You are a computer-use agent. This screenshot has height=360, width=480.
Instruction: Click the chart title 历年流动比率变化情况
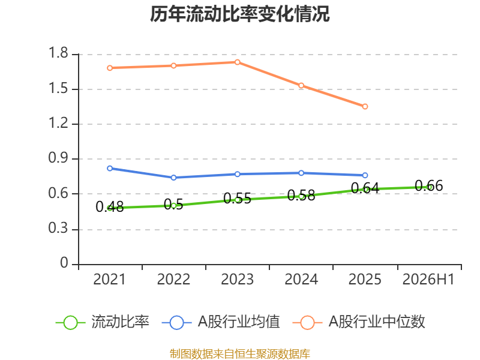[x=239, y=14]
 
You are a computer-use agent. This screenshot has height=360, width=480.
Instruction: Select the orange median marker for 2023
[x=237, y=62]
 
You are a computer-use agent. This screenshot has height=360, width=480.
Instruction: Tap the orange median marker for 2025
[x=365, y=107]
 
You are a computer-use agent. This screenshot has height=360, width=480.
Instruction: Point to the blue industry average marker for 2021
[x=110, y=169]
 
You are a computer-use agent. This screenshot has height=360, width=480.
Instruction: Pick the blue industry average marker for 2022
[x=173, y=178]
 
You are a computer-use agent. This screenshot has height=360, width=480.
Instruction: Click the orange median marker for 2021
[x=110, y=68]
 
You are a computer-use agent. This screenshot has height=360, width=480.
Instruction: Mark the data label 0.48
[x=110, y=206]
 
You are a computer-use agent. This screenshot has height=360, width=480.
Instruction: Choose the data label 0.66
[x=429, y=186]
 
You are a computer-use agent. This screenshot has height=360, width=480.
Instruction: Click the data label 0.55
[x=237, y=199]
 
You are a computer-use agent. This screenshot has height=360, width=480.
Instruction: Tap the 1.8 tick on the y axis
[x=58, y=53]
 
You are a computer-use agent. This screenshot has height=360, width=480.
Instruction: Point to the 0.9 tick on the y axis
[x=58, y=158]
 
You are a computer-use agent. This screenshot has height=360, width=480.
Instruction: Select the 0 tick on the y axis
[x=64, y=263]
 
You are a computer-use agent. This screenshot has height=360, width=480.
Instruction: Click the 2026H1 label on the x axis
[x=428, y=280]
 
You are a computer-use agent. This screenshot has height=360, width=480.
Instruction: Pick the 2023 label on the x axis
[x=237, y=280]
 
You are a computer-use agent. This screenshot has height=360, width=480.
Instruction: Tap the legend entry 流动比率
[x=103, y=322]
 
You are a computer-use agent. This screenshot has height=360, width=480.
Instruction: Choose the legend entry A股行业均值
[x=221, y=322]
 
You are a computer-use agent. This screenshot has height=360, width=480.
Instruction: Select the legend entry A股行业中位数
[x=359, y=322]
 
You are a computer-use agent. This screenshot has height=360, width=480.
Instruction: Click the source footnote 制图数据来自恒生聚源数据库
[x=240, y=354]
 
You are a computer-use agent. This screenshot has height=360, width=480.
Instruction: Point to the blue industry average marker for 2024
[x=301, y=173]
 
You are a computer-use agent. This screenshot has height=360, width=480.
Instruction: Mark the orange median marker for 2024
[x=301, y=85]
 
